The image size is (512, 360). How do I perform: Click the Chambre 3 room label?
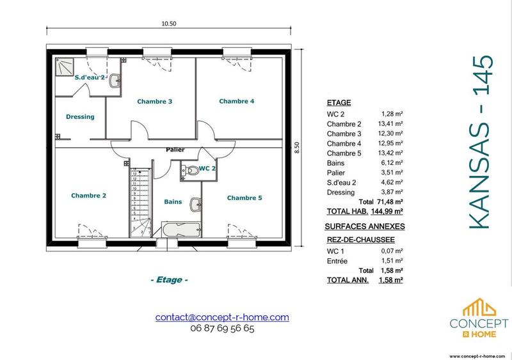(x=155, y=102)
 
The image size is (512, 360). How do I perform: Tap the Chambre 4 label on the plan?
(x=237, y=101)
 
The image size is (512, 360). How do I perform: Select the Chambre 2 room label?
(x=88, y=196)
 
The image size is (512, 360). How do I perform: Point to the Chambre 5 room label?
(x=244, y=198)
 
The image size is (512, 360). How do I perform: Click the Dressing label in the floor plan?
(x=80, y=117)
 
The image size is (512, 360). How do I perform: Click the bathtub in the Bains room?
(x=180, y=228)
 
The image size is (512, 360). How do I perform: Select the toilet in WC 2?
(x=192, y=168)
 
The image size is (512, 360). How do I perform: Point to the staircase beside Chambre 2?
(x=139, y=201)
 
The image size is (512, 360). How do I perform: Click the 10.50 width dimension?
(x=169, y=24)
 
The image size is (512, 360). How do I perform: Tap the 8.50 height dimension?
(x=296, y=148)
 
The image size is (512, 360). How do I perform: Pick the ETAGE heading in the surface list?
(x=339, y=103)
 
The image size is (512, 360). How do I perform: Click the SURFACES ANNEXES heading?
(x=365, y=226)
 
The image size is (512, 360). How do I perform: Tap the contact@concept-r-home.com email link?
(x=222, y=317)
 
